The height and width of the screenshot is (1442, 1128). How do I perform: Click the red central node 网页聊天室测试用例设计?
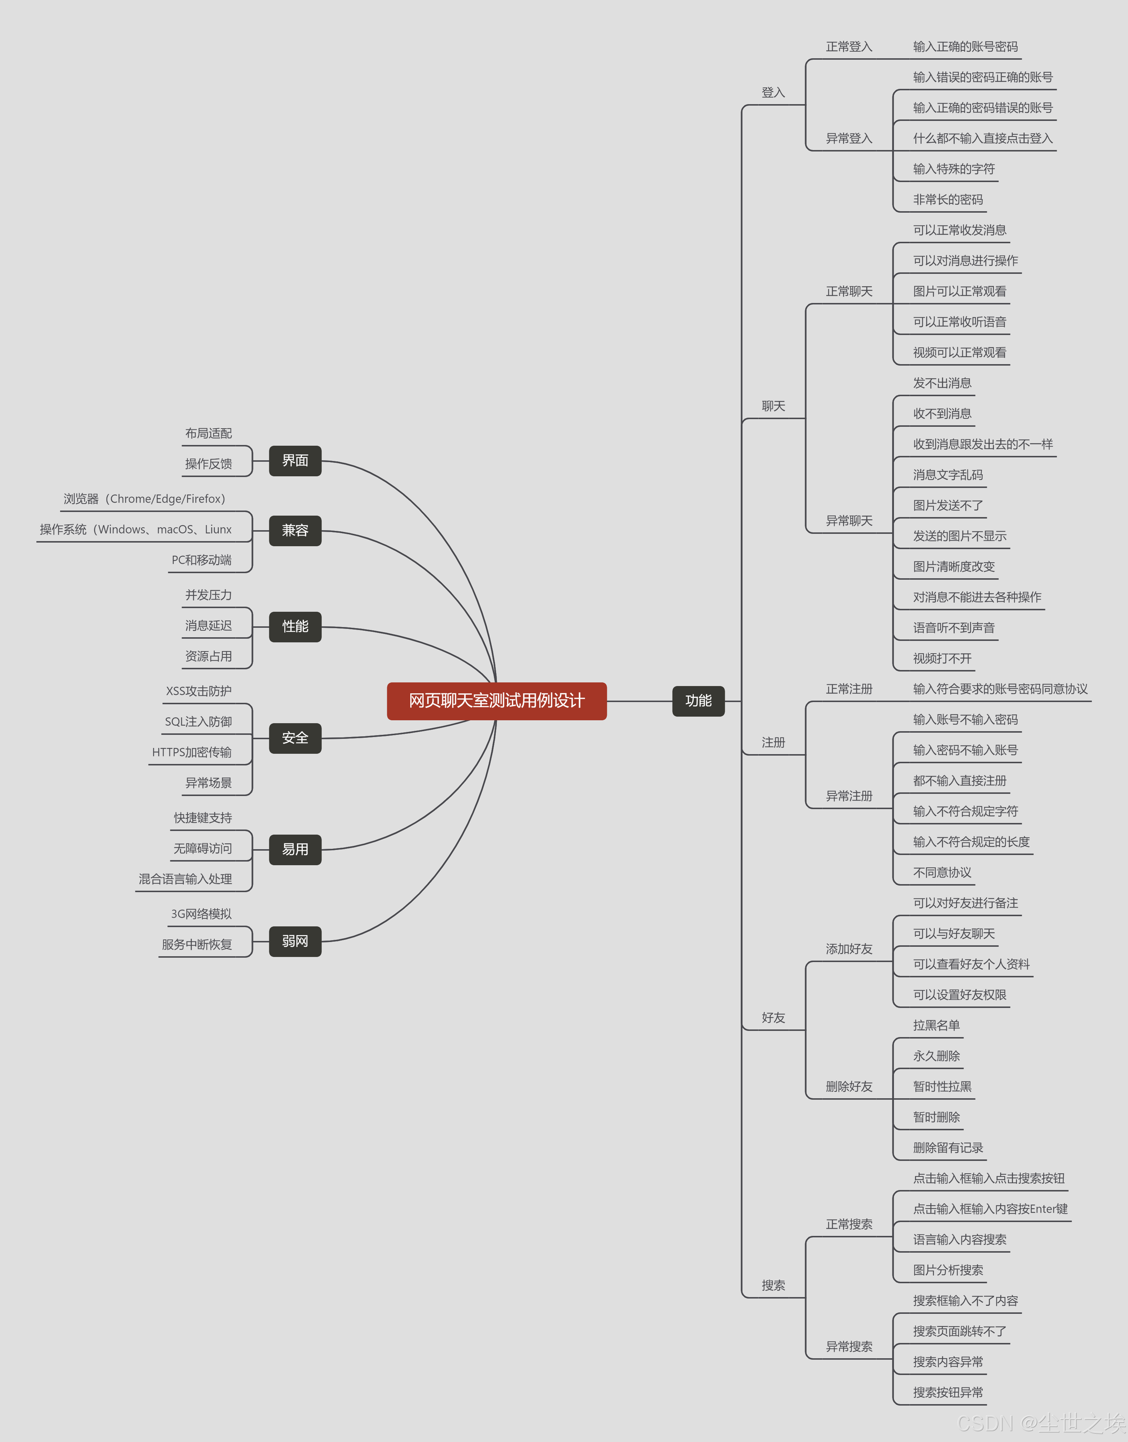click(496, 701)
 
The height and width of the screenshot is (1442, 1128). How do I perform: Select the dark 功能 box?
click(698, 701)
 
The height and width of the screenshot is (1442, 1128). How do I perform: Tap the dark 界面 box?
click(295, 460)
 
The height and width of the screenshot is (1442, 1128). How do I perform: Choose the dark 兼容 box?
click(295, 531)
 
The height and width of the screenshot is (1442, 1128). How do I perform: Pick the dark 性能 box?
click(295, 626)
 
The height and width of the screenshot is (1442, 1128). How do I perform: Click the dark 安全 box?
click(295, 738)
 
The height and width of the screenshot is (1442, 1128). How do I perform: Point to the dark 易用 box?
click(295, 850)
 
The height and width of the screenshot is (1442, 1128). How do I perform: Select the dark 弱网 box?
click(295, 941)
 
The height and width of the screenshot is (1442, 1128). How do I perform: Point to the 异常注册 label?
click(849, 796)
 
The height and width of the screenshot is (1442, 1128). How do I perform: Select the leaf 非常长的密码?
click(948, 200)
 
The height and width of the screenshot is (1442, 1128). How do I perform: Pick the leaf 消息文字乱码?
click(948, 475)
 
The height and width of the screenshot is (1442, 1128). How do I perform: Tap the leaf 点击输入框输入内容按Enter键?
click(990, 1209)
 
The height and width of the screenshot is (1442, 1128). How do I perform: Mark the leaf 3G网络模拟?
click(201, 914)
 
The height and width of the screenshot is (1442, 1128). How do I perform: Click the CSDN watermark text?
click(1041, 1423)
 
